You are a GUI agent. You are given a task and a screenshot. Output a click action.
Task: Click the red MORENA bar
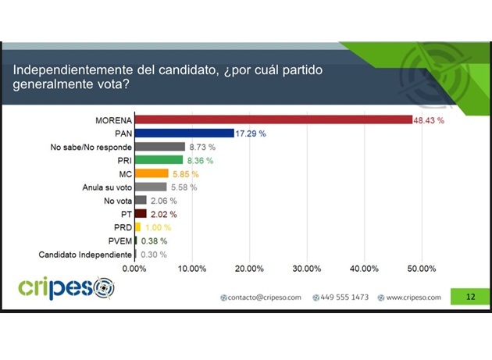point(273,120)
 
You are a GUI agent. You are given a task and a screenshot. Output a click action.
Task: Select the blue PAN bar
point(184,134)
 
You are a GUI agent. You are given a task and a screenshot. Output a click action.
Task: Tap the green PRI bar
point(159,160)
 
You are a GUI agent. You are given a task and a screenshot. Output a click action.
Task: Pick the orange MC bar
point(152,173)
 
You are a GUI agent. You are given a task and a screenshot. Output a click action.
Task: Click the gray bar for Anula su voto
point(151,187)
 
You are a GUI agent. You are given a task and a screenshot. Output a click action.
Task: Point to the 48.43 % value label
point(429,120)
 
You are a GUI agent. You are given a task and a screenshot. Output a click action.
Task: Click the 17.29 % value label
point(251,134)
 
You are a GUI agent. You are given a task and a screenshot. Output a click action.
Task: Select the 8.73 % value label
point(202,147)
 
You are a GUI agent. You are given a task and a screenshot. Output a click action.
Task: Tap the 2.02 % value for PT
point(162,214)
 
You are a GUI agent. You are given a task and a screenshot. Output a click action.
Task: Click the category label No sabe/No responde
point(96,147)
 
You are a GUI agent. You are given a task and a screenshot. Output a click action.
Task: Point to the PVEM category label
point(119,241)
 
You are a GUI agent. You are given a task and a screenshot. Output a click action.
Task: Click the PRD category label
point(122,227)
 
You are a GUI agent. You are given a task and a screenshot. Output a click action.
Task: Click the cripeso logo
point(66,288)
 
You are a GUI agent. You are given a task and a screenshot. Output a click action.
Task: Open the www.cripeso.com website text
point(412,298)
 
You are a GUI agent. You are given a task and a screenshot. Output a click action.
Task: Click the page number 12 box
point(470,297)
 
